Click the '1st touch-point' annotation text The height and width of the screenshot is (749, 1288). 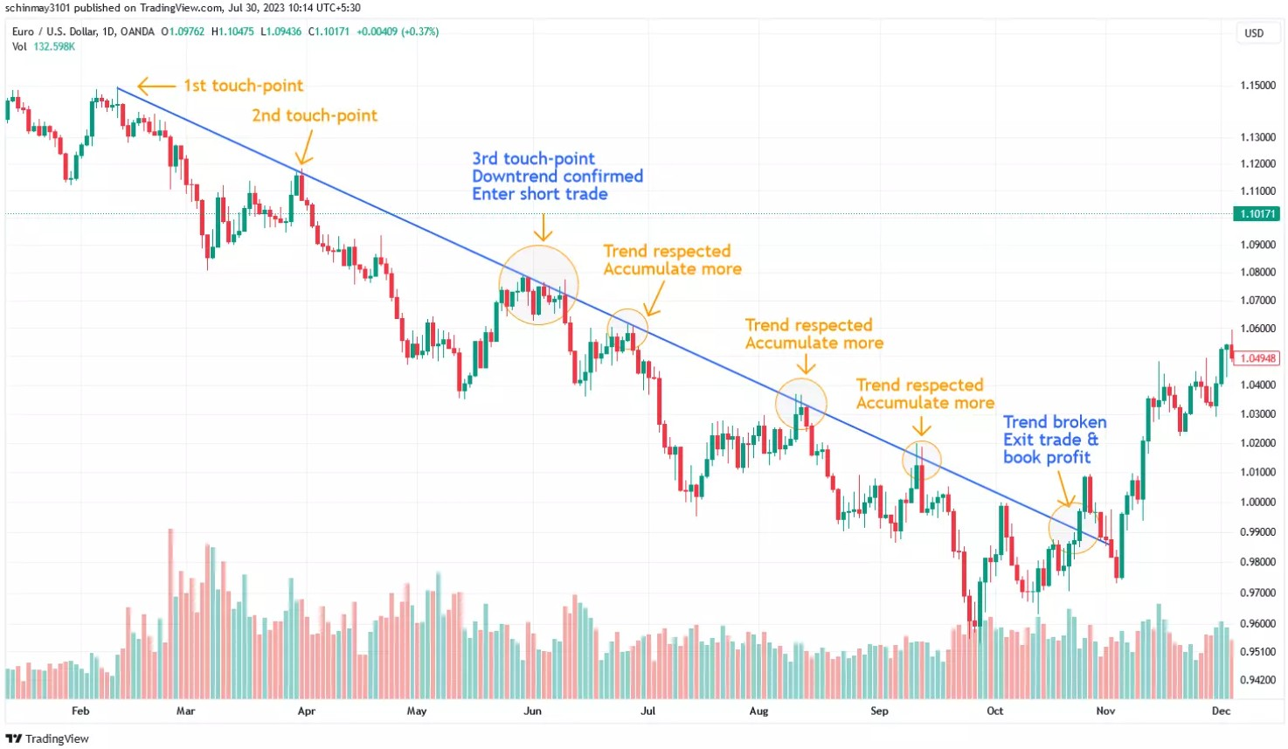pos(243,85)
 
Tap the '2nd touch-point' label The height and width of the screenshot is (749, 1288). pos(315,115)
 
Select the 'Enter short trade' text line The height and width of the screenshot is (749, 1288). pos(540,194)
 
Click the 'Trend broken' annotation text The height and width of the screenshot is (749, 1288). pos(1055,421)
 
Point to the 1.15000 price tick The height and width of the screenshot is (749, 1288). pos(1257,85)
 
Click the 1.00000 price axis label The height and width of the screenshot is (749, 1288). pos(1257,502)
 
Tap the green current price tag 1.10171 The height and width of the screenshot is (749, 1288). pos(1257,214)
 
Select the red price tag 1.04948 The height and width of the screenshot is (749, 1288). pos(1257,357)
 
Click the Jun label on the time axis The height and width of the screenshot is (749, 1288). pos(532,711)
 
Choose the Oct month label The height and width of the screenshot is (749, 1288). pos(994,711)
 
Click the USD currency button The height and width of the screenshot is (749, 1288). pos(1254,33)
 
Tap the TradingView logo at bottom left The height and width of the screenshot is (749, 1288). pos(47,738)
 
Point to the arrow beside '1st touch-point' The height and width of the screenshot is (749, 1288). pos(156,87)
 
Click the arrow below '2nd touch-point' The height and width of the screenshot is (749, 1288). pos(305,148)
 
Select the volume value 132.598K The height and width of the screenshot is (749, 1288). pos(54,46)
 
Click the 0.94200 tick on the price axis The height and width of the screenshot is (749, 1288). pos(1257,679)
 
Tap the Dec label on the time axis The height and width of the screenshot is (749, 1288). pos(1221,711)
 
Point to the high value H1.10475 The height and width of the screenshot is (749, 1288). pos(232,31)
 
